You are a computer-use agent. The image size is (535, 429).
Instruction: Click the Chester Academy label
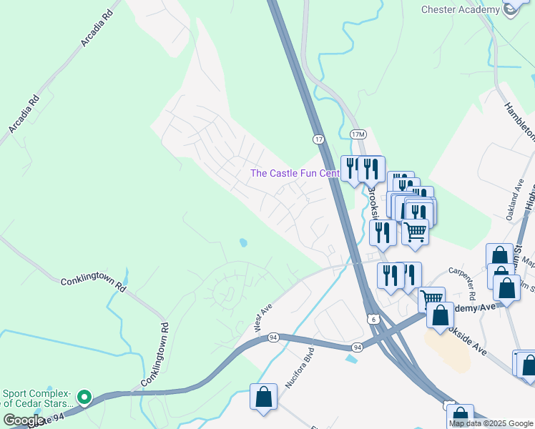[x=460, y=9]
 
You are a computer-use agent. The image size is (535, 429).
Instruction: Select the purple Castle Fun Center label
[x=294, y=174]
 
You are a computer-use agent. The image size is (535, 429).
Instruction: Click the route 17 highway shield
[x=318, y=137]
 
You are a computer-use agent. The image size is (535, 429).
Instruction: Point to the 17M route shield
[x=358, y=134]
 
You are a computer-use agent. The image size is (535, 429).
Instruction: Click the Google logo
[x=24, y=420]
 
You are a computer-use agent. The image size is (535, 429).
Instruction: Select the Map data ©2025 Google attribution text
[x=491, y=423]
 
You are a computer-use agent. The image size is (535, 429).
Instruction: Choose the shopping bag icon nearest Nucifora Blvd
[x=263, y=397]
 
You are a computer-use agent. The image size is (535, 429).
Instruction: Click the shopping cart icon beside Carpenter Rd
[x=431, y=300]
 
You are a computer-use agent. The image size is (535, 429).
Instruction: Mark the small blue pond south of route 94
[x=350, y=357]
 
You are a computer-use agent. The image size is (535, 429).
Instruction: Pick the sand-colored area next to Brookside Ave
[x=448, y=350]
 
